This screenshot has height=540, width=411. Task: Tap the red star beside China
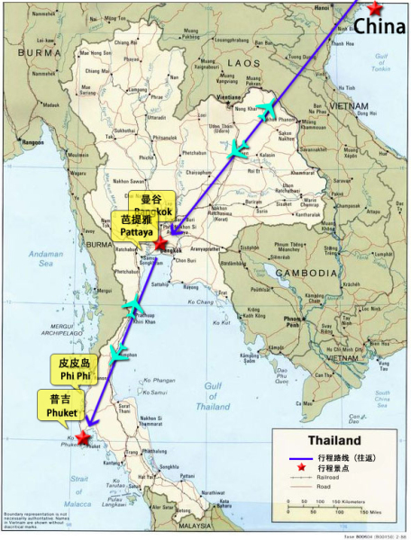click(373, 7)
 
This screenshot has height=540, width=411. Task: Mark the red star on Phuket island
click(84, 437)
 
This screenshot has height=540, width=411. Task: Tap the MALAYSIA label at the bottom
click(194, 525)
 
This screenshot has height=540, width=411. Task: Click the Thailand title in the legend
click(334, 441)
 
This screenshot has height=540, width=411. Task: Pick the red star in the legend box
click(297, 472)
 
